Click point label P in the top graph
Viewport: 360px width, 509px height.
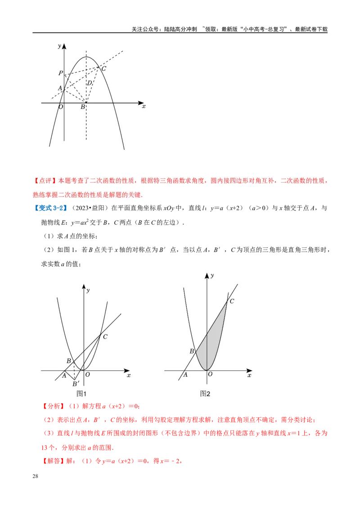tap(60, 73)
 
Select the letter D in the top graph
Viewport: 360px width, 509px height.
tap(90, 83)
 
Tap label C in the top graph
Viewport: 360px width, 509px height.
tap(103, 68)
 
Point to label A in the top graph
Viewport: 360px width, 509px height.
tap(60, 88)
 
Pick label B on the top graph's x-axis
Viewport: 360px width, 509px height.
tap(83, 107)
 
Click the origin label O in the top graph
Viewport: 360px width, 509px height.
tap(60, 107)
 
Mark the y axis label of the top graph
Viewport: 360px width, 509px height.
tap(59, 46)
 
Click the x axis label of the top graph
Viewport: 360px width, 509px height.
tap(144, 107)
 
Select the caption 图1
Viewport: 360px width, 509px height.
tap(81, 393)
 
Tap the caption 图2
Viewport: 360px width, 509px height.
tap(205, 393)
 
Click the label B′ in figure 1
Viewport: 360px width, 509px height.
tap(76, 384)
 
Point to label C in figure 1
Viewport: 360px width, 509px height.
tap(105, 336)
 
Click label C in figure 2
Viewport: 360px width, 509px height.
tap(232, 301)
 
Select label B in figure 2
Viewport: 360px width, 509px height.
tap(192, 351)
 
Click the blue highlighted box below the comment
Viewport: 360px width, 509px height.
tap(50, 208)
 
